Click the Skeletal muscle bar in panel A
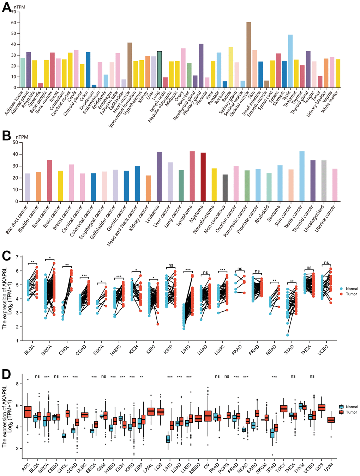click(249, 55)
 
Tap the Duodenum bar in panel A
click(94, 86)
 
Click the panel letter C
click(6, 255)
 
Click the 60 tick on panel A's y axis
click(13, 23)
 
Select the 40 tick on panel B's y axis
click(15, 154)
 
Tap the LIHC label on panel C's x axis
click(185, 350)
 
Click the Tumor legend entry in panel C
click(352, 294)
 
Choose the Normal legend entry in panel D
click(352, 407)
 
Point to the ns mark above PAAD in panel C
click(240, 269)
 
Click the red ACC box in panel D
click(28, 412)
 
